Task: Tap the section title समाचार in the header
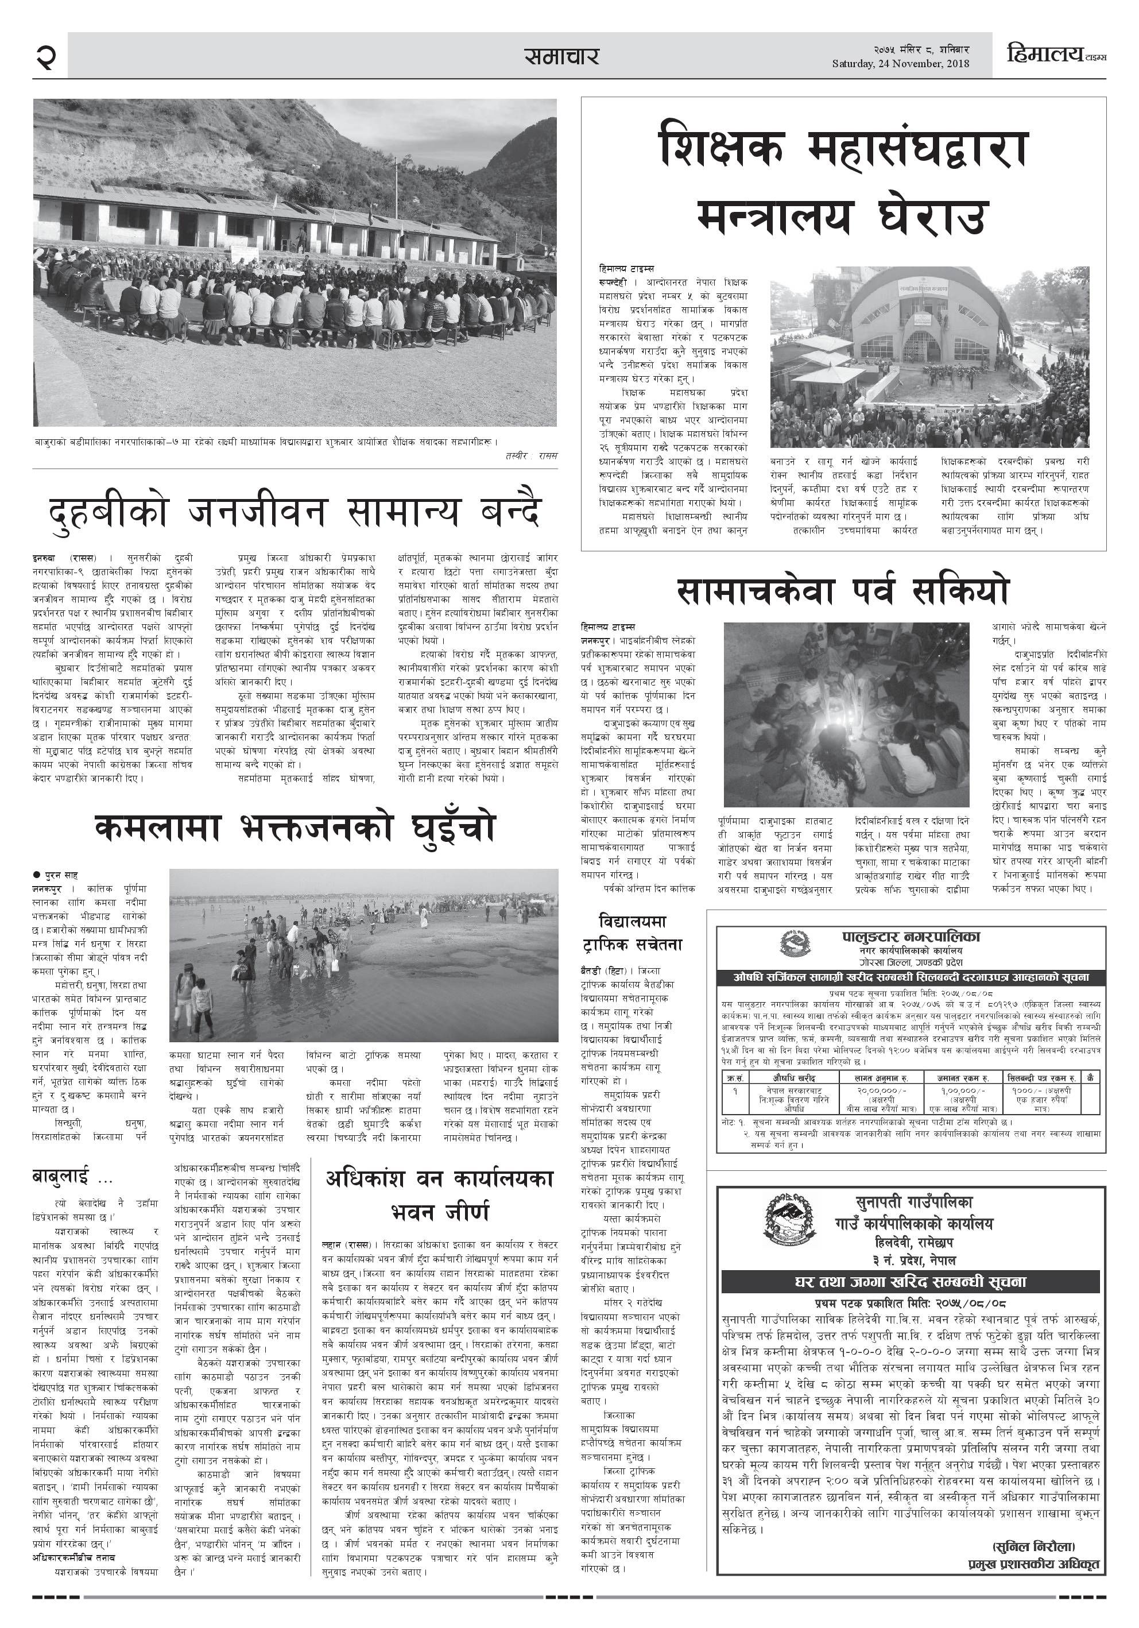pos(561,56)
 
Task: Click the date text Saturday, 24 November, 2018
pos(900,64)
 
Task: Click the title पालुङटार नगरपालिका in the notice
pos(911,937)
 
